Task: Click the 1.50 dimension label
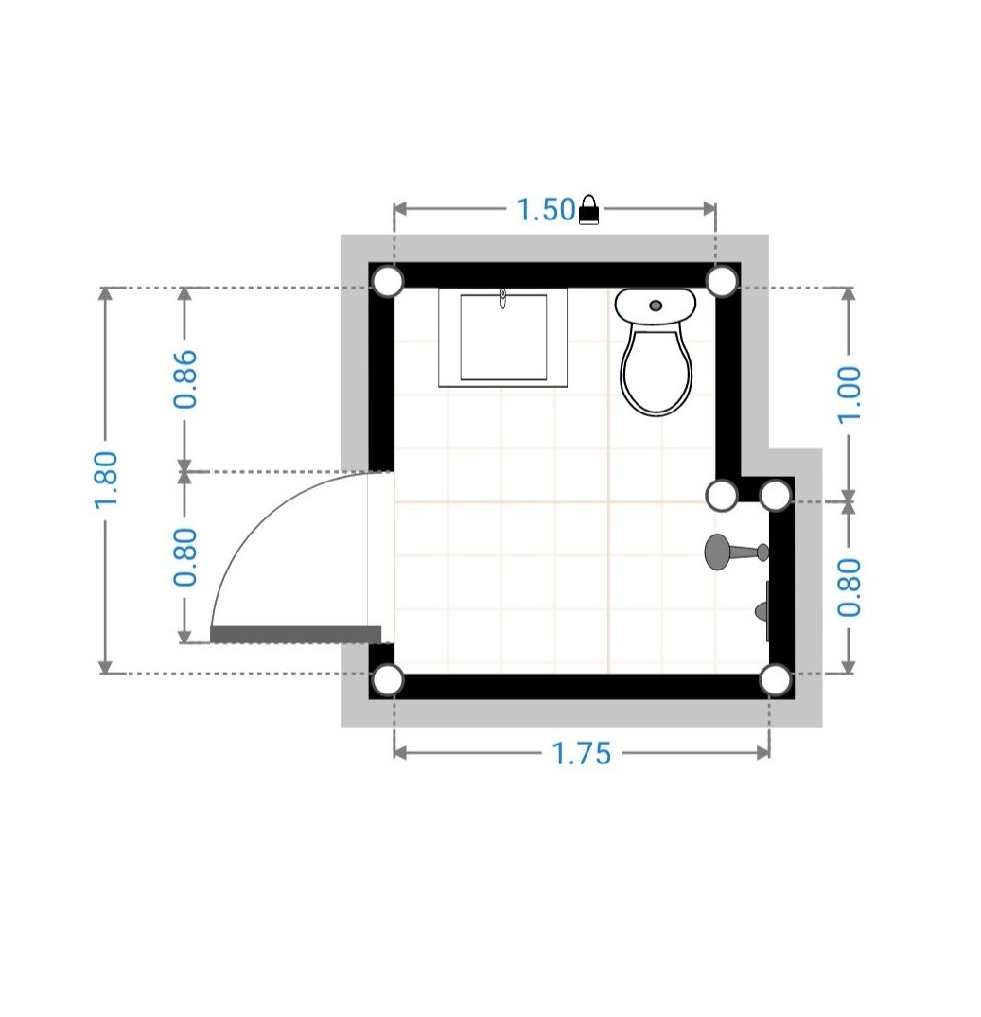545,209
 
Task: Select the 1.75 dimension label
581,753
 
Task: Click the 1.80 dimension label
106,480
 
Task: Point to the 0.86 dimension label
185,379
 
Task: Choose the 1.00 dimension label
850,395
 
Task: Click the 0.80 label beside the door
185,557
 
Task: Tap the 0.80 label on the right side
850,587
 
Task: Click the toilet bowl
656,372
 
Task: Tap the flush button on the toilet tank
656,306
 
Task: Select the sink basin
503,338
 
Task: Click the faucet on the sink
503,298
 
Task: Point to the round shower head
717,552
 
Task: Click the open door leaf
296,635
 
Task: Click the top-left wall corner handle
387,282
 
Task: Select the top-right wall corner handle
722,282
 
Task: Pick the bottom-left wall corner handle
387,680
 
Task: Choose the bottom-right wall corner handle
776,680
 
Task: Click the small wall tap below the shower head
762,611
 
